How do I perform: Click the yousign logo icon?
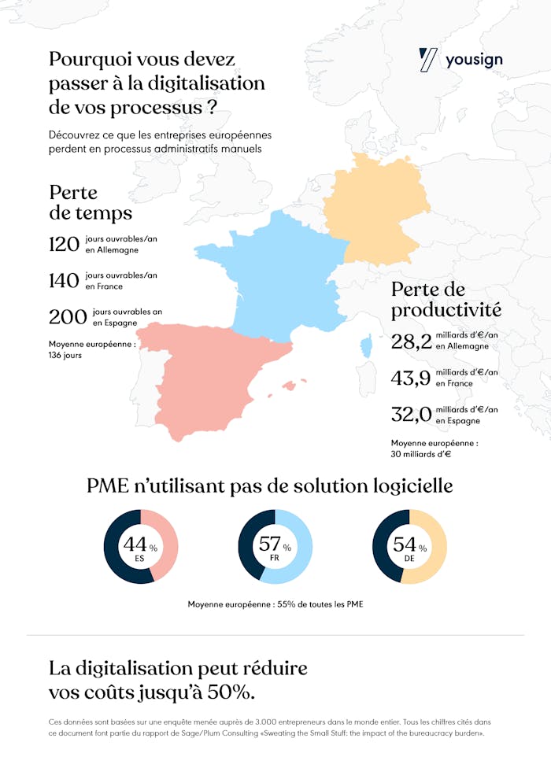point(429,60)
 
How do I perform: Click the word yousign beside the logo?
point(474,60)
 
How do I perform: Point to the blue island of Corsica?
point(366,347)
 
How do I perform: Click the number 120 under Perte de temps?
point(64,244)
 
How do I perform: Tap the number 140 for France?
point(64,281)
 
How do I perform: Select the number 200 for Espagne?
point(67,317)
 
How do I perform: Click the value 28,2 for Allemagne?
point(411,341)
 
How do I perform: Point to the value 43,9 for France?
point(411,378)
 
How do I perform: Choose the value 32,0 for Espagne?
point(411,415)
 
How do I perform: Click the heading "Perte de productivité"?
point(446,299)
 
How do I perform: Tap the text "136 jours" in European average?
point(65,355)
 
